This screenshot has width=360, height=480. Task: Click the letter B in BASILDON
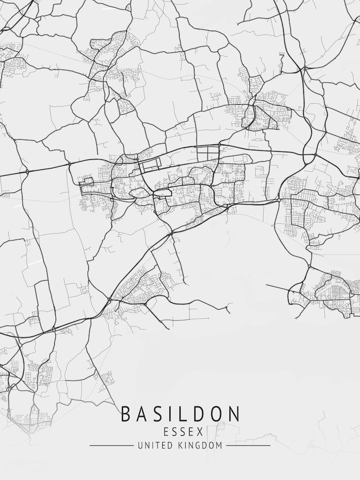coord(126,414)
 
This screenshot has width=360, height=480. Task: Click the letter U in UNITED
coord(140,445)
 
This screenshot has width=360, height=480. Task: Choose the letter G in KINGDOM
coord(197,445)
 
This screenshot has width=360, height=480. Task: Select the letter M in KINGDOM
coord(219,445)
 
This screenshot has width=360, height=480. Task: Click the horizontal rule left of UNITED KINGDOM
coord(111,445)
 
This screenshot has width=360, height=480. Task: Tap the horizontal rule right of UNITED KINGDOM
coord(248,445)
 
